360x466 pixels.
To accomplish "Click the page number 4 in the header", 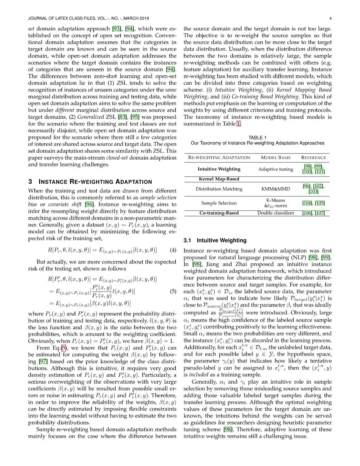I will tap(330, 18).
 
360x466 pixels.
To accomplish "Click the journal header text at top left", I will tap(88, 18).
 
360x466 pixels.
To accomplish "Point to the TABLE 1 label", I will tap(257, 137).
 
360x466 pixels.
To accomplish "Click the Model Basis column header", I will tap(276, 157).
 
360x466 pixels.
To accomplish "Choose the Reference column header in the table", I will tap(313, 157).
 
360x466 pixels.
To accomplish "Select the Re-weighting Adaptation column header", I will tap(219, 157).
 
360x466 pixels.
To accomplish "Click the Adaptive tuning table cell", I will tap(276, 169).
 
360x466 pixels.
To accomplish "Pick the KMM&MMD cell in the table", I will tap(276, 189).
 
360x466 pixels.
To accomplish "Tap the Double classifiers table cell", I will tap(276, 213).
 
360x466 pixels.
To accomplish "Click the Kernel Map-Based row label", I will tap(219, 179).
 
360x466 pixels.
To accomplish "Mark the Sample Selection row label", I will tap(219, 203).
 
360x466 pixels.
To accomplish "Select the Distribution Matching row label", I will tap(219, 189).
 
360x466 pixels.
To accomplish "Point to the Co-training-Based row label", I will tap(219, 213).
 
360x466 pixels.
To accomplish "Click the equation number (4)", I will tap(173, 250).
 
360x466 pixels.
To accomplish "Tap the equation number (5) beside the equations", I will tap(173, 291).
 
